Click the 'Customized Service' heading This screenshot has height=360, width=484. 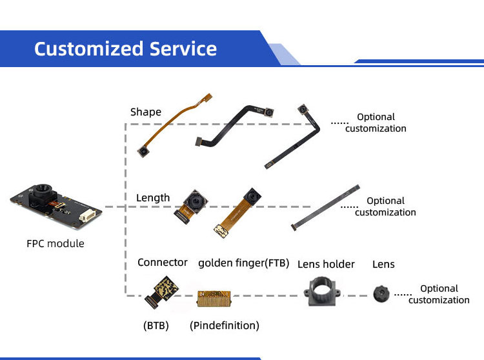point(125,49)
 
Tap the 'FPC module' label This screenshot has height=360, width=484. point(55,244)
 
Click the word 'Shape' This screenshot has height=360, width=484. point(146,112)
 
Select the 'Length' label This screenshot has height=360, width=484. point(153,198)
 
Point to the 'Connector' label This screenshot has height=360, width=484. point(163,263)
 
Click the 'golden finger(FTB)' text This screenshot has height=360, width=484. point(244,263)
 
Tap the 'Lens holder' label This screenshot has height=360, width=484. point(326,264)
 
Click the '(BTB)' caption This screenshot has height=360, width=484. point(156,325)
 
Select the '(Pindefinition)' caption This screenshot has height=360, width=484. point(225,325)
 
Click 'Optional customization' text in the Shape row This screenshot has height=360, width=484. point(376,123)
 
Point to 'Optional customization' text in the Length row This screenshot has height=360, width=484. point(385,206)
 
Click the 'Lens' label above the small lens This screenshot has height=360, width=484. point(383,264)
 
